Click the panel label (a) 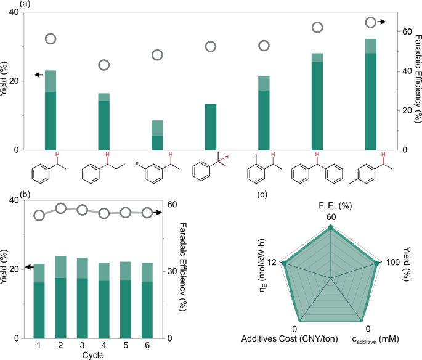point(7,4)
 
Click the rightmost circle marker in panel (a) point(370,22)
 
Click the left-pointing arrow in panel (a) point(38,75)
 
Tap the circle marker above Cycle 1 point(39,215)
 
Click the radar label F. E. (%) point(331,205)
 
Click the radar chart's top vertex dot point(331,227)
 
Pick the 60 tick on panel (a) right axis point(404,31)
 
